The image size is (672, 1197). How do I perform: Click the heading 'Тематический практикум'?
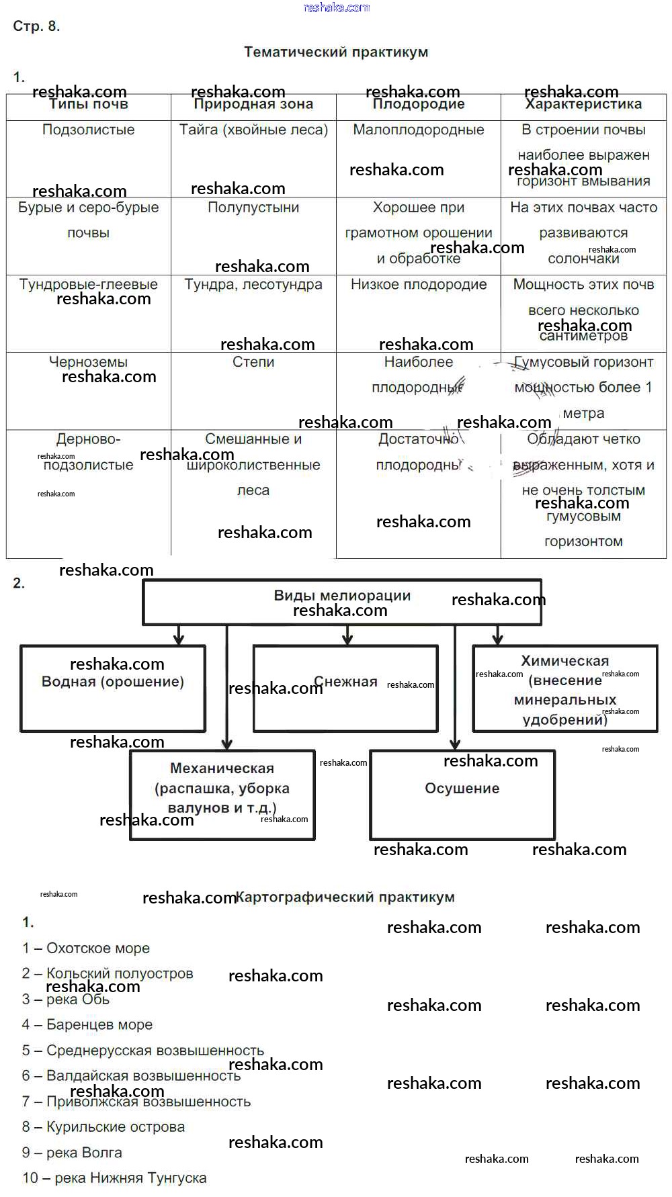335,52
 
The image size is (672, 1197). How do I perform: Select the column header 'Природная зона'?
253,105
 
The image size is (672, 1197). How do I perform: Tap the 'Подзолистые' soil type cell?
88,130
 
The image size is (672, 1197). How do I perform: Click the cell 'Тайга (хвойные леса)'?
253,130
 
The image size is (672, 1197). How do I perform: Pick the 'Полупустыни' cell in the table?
253,208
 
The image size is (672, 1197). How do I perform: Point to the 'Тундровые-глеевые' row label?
88,285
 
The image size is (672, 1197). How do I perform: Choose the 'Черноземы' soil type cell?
88,362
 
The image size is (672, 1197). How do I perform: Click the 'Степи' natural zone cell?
253,362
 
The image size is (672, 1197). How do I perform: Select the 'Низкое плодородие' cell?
418,285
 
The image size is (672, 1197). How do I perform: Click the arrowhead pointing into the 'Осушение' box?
455,744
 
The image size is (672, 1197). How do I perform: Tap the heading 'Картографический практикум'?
345,897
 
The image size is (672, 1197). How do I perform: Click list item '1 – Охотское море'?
86,948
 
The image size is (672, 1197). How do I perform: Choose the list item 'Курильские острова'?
103,1127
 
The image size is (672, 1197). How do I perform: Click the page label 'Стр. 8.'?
36,26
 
